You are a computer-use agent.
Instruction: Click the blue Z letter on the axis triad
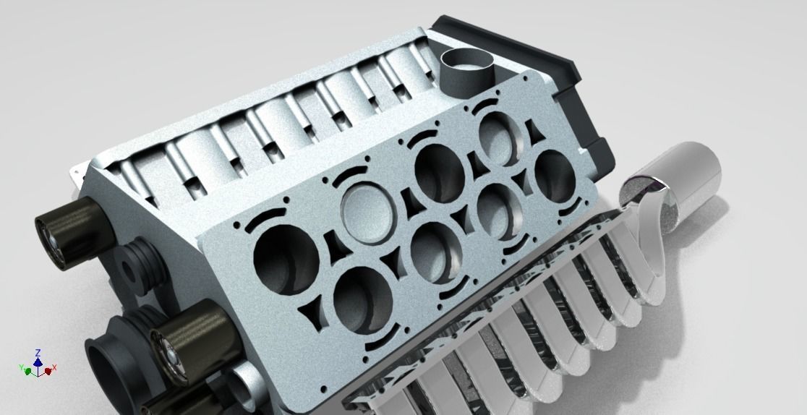coord(38,352)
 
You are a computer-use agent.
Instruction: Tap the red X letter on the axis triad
coord(54,368)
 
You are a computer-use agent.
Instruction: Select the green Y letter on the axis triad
coord(21,369)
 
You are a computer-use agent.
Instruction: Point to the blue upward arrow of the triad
coord(38,361)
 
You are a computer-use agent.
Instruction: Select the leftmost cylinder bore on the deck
coord(286,257)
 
